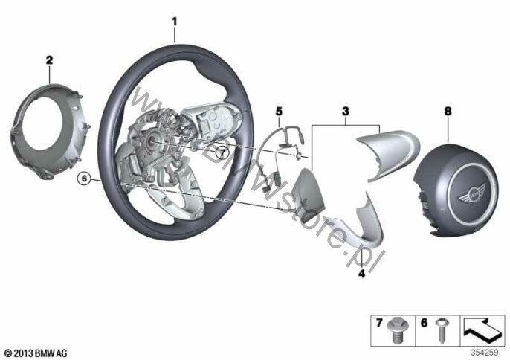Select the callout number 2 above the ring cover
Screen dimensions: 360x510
click(x=49, y=59)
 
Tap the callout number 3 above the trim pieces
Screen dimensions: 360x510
click(x=345, y=112)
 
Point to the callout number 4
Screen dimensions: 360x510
click(x=362, y=274)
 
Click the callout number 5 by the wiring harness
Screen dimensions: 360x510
click(x=278, y=112)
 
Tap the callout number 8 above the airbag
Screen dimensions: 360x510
click(x=447, y=111)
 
